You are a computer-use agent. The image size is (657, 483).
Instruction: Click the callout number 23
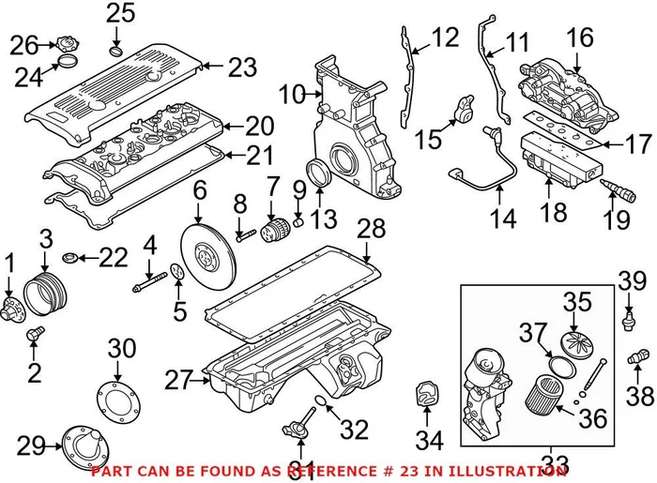coord(241,68)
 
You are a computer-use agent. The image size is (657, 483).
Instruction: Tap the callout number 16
coord(580,37)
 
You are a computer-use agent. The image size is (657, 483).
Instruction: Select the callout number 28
coord(371,229)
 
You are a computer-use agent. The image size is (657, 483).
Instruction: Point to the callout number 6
coord(200,193)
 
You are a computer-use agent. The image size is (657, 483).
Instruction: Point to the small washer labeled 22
coord(69,256)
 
